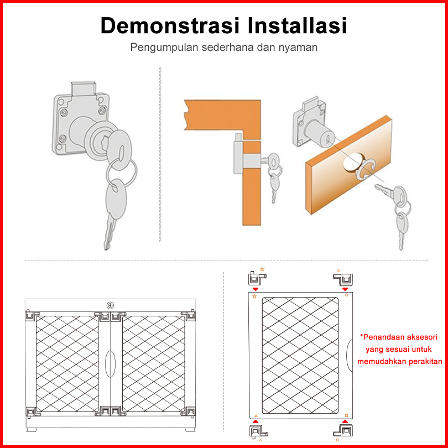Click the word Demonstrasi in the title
[170, 25]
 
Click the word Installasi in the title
[297, 25]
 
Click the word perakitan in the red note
[425, 361]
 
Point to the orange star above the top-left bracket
[262, 269]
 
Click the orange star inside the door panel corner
[254, 296]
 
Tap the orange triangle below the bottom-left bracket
[261, 440]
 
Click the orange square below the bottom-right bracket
[337, 440]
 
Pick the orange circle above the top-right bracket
[338, 270]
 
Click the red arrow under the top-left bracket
[256, 289]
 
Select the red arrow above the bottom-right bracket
[345, 421]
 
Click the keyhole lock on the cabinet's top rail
[110, 305]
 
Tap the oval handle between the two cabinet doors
[110, 364]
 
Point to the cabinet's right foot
[190, 429]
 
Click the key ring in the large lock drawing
[122, 172]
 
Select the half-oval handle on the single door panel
[350, 356]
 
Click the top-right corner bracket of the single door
[343, 279]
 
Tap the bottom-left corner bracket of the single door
[258, 433]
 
